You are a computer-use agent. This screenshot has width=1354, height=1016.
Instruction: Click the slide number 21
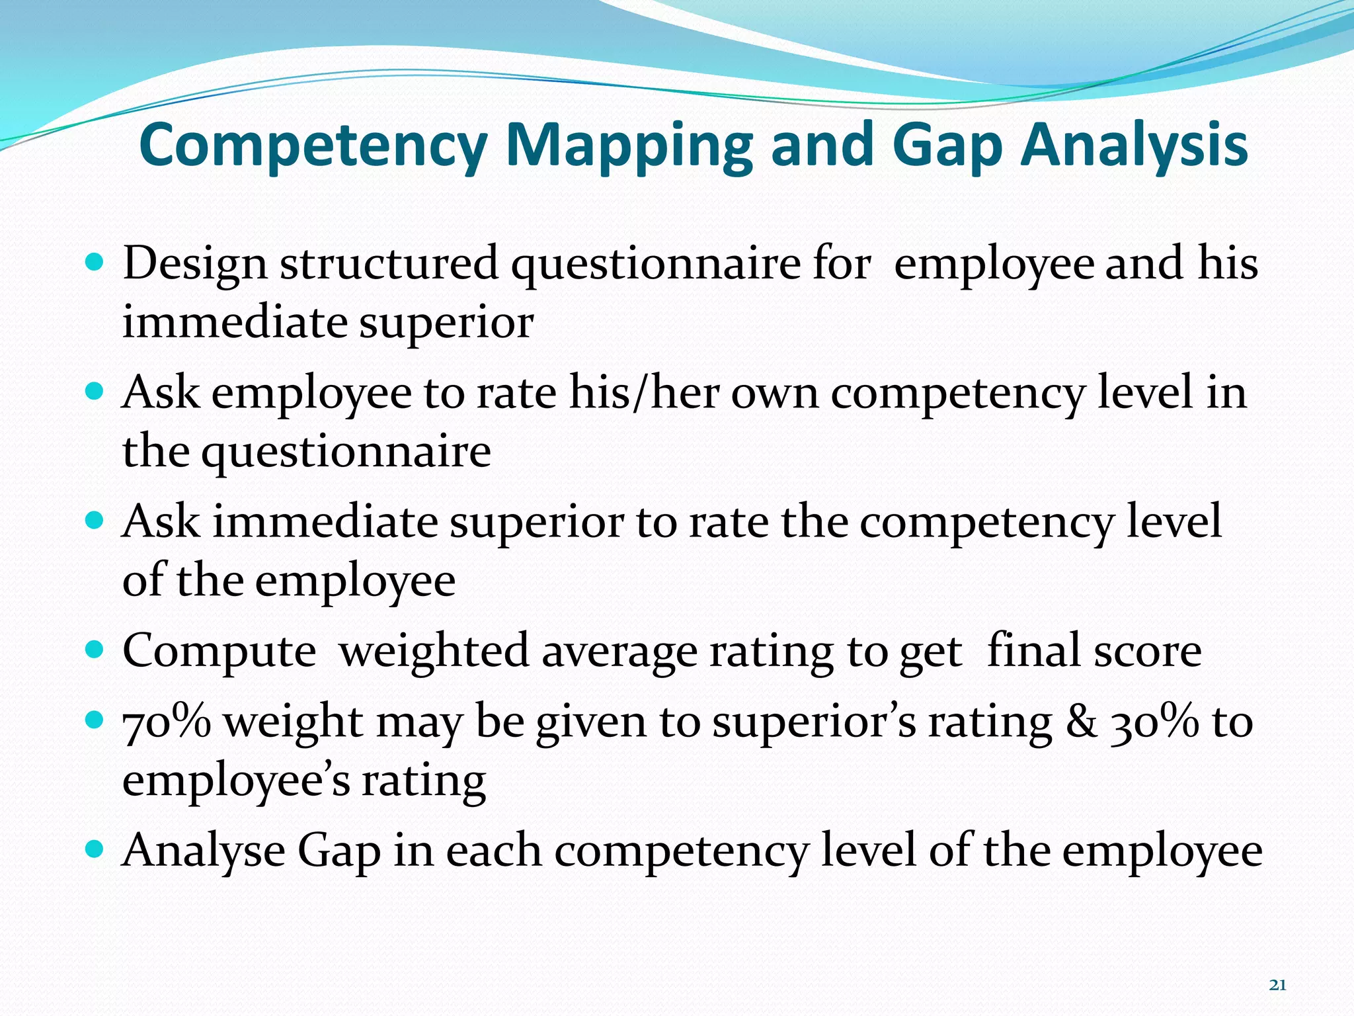(x=1278, y=985)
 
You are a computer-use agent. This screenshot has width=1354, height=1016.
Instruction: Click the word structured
(x=389, y=263)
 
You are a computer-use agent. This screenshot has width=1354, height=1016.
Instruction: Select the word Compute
(x=219, y=652)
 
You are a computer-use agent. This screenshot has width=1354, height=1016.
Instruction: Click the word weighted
(x=434, y=652)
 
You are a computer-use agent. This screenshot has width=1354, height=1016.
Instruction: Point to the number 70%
(x=167, y=721)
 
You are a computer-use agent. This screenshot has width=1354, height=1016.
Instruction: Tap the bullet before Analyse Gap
(x=95, y=849)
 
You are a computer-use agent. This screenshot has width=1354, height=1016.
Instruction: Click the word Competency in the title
(x=313, y=146)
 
